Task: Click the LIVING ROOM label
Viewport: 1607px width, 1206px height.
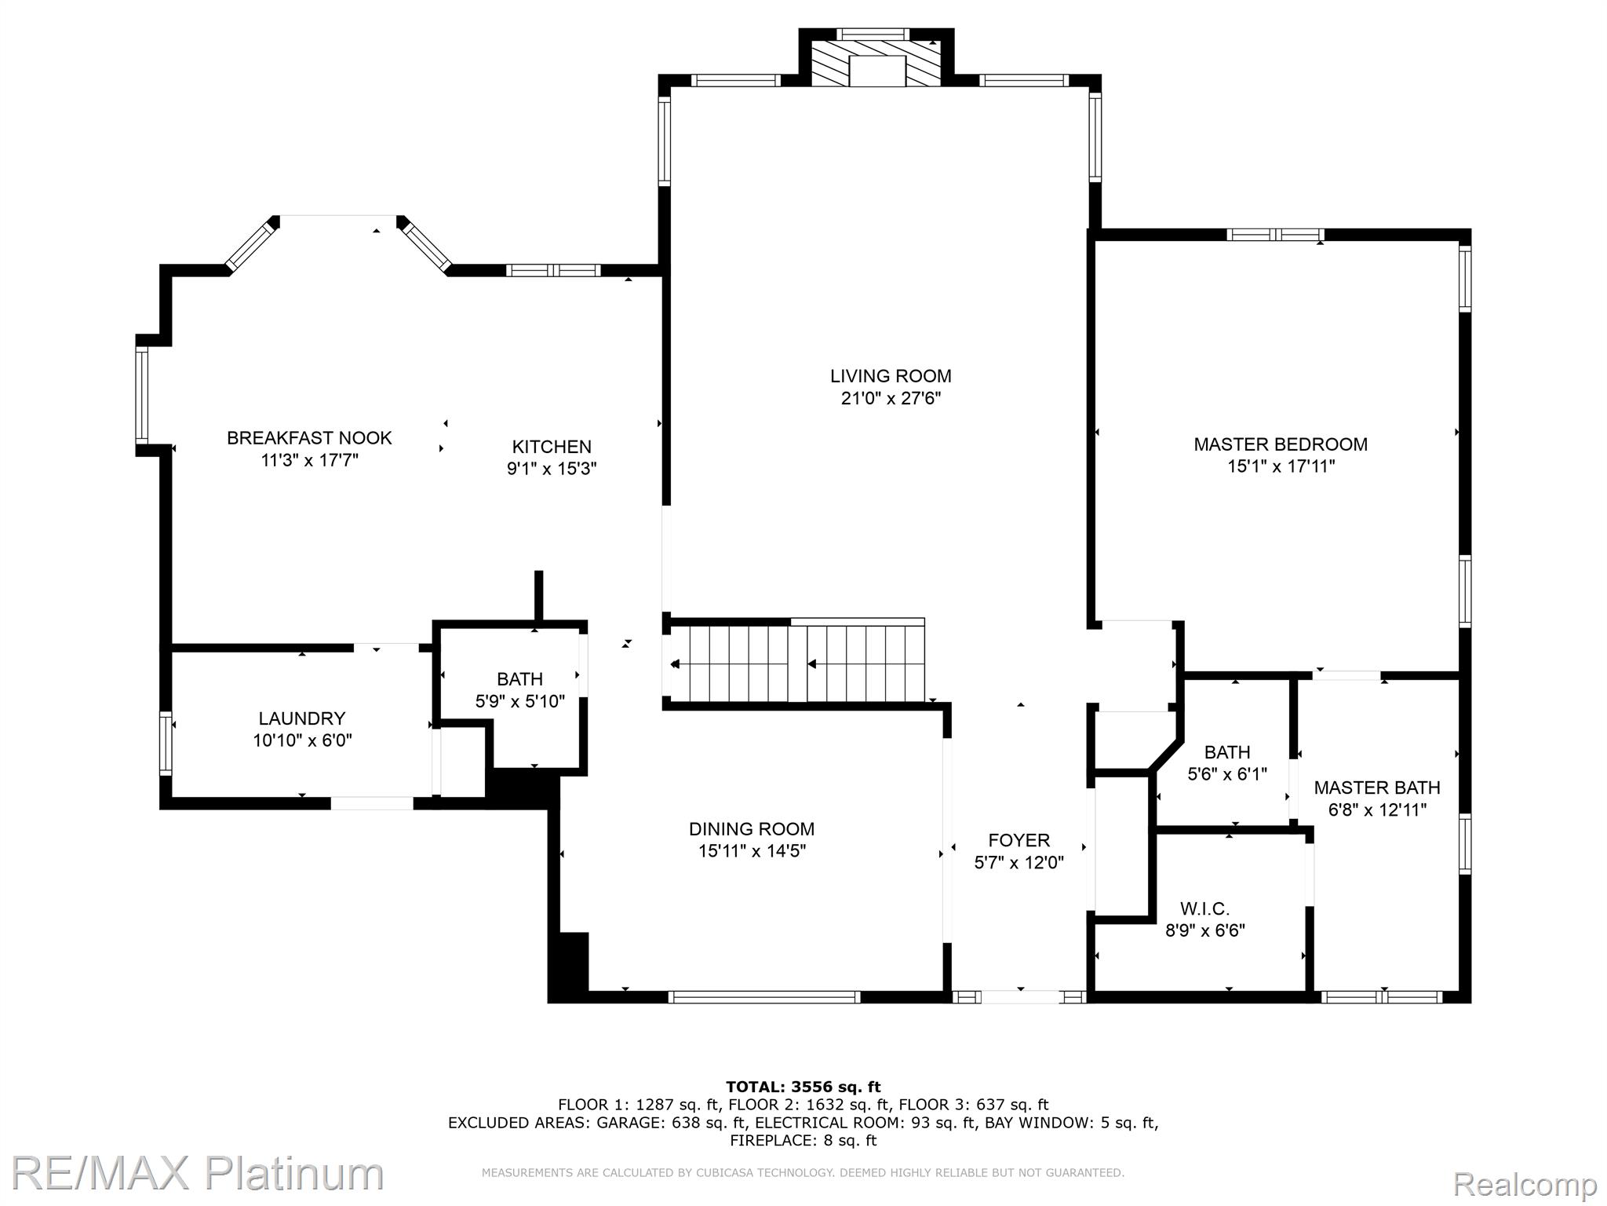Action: tap(891, 376)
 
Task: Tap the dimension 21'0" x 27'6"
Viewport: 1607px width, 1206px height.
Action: tap(891, 399)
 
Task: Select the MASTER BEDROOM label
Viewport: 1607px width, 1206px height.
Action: tap(1280, 444)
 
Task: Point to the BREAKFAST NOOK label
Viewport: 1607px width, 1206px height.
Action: tap(309, 438)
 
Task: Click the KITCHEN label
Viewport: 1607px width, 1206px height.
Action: tap(552, 447)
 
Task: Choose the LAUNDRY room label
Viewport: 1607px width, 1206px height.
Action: tap(302, 718)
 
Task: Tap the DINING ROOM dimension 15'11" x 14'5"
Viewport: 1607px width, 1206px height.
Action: tap(752, 851)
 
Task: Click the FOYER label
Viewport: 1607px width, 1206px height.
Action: tap(1018, 840)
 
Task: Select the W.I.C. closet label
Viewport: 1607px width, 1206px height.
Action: tap(1204, 909)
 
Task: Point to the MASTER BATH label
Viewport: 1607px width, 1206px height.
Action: tap(1376, 788)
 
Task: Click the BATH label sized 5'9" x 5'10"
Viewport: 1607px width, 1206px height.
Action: tap(519, 679)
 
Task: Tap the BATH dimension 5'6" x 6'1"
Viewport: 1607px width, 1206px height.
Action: tap(1227, 775)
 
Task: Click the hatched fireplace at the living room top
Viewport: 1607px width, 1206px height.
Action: tap(876, 64)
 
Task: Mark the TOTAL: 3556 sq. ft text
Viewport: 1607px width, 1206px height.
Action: tap(803, 1087)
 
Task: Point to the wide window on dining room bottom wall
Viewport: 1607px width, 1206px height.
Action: tap(764, 997)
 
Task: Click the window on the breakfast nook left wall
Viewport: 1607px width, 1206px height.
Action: tap(142, 396)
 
